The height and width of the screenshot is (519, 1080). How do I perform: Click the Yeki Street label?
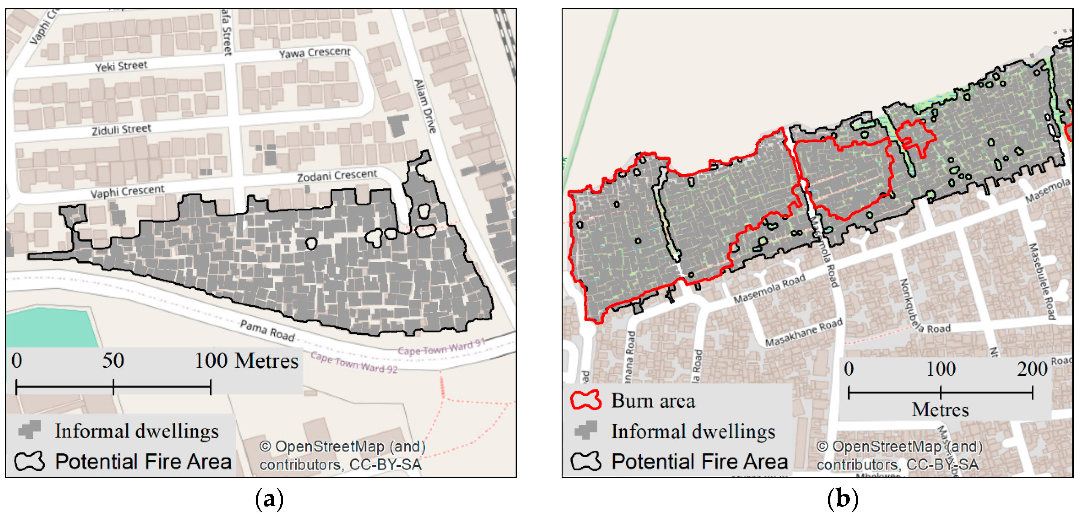(x=121, y=66)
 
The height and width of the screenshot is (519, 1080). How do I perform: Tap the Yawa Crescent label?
(x=315, y=52)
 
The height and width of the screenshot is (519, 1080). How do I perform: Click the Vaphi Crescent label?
(x=128, y=191)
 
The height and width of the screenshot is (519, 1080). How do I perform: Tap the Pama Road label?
(x=268, y=330)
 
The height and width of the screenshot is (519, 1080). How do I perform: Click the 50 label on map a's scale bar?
(x=113, y=361)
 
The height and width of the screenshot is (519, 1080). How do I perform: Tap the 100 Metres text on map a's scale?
(x=246, y=361)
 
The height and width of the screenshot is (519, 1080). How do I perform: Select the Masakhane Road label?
(x=804, y=333)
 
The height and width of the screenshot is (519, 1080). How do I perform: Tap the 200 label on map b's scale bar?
(x=1032, y=369)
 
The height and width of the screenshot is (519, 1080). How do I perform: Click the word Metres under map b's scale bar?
(x=940, y=409)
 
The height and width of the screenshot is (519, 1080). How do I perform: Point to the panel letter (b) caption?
(x=842, y=499)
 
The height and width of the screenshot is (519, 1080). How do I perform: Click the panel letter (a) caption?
(x=269, y=499)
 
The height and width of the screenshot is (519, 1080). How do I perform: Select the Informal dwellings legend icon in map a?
(x=29, y=430)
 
